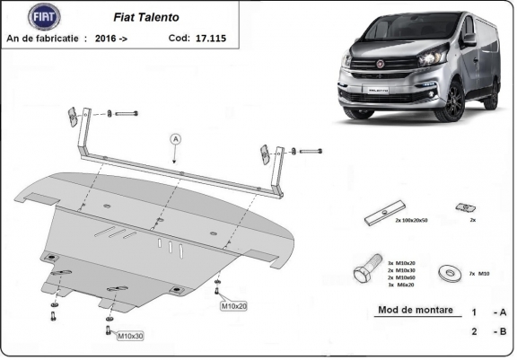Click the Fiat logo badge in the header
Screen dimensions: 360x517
tap(42, 17)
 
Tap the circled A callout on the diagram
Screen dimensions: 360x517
tap(176, 138)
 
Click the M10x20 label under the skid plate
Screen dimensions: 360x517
tap(235, 306)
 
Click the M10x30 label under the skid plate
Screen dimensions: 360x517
tap(131, 336)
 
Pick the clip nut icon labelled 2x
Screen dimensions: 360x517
tap(463, 209)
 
